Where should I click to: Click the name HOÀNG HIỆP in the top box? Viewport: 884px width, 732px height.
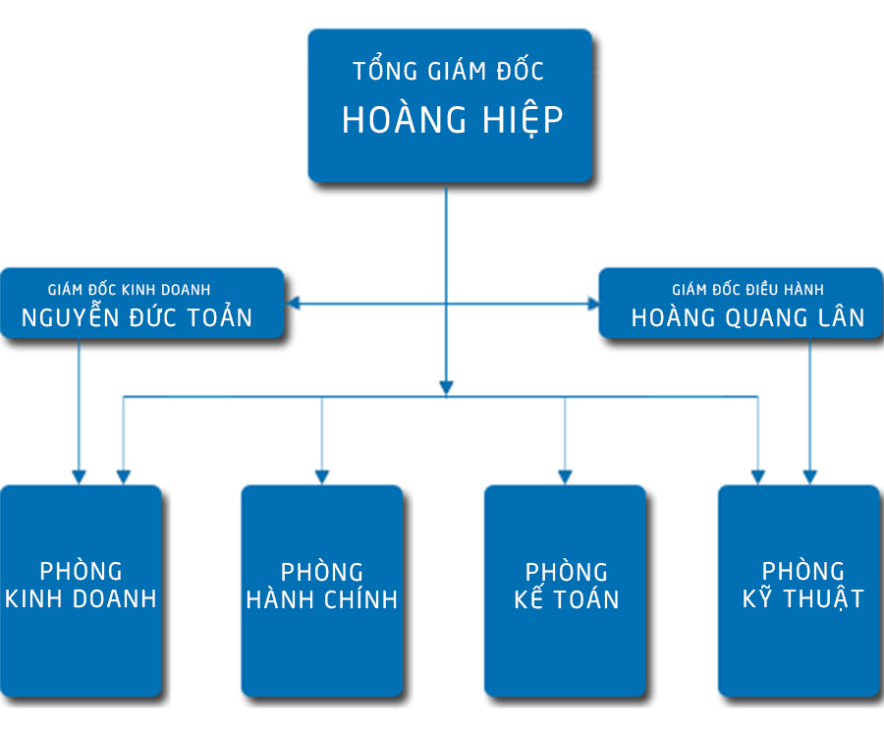(x=452, y=120)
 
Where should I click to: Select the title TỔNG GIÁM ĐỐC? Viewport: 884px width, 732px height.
(x=448, y=72)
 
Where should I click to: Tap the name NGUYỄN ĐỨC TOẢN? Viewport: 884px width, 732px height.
(x=138, y=317)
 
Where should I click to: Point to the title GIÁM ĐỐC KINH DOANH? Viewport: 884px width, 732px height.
(x=129, y=290)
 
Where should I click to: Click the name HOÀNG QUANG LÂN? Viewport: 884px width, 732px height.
(x=747, y=317)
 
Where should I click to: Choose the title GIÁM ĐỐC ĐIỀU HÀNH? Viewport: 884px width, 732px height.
(x=747, y=290)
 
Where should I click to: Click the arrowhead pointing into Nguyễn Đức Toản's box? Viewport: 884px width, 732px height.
(x=293, y=305)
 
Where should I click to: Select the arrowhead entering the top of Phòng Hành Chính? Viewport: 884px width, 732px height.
(x=321, y=476)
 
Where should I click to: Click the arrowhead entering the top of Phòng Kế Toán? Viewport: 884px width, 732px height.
(x=564, y=476)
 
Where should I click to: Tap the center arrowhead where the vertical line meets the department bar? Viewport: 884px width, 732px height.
(x=446, y=387)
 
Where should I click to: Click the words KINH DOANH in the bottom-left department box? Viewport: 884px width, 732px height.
(x=81, y=599)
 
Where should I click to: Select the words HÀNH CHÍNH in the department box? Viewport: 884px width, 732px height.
(x=322, y=600)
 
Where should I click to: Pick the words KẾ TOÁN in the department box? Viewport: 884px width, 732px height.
(x=567, y=600)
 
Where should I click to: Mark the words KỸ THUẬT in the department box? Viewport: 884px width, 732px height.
(x=802, y=598)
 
